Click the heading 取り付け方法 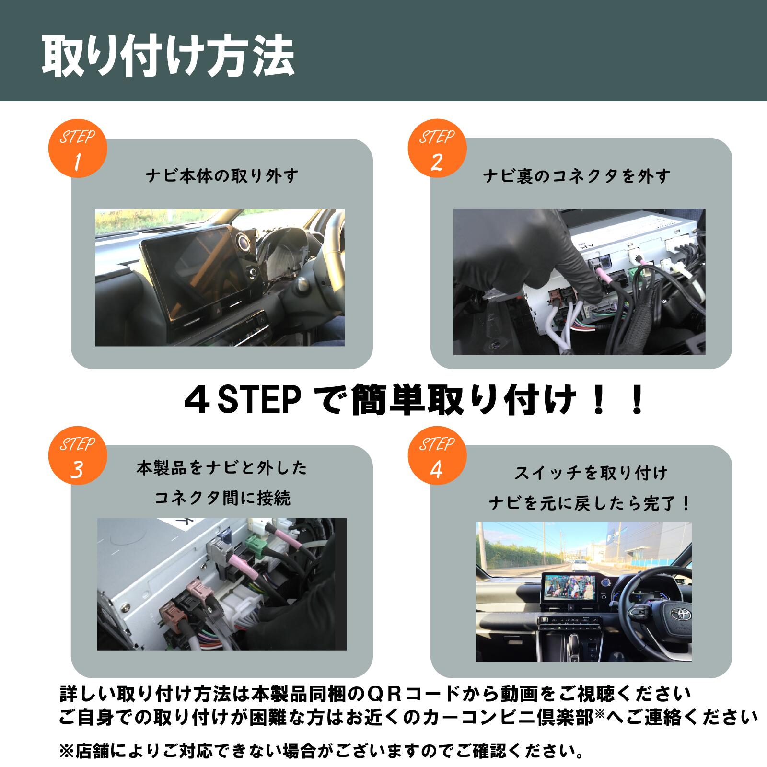click(x=168, y=57)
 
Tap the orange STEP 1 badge click(x=78, y=149)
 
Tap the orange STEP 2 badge click(x=437, y=149)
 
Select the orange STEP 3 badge click(x=78, y=456)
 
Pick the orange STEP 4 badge click(x=437, y=456)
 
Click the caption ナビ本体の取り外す click(x=222, y=176)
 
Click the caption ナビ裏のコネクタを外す click(x=577, y=176)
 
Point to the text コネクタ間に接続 click(x=222, y=499)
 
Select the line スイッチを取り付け click(x=591, y=473)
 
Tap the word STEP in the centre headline click(x=259, y=402)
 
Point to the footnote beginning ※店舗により click(x=321, y=750)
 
